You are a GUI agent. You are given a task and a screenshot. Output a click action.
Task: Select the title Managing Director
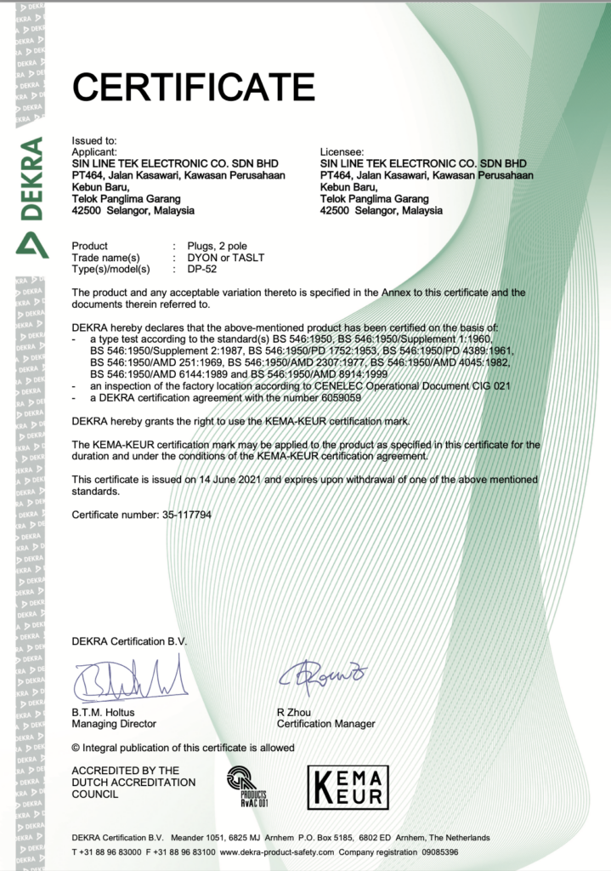click(x=114, y=724)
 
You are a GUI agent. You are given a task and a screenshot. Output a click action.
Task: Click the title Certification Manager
click(x=325, y=724)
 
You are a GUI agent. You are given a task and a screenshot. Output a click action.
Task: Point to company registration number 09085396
click(x=434, y=851)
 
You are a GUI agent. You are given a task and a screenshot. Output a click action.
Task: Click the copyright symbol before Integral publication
click(x=76, y=748)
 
